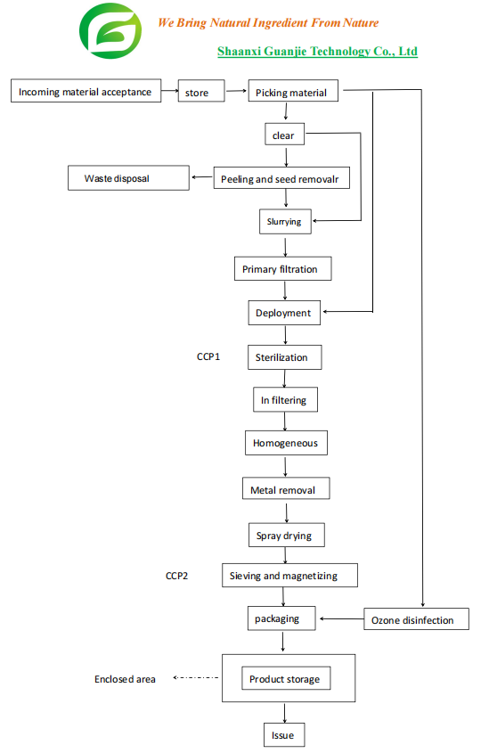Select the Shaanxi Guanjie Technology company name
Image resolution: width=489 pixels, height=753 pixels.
[317, 52]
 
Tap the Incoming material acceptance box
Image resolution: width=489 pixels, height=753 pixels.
[86, 92]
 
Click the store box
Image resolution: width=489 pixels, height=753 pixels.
[201, 93]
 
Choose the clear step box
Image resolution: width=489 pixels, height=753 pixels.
[284, 136]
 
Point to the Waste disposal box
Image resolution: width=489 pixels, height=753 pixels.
[129, 178]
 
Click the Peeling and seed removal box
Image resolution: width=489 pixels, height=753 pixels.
[281, 179]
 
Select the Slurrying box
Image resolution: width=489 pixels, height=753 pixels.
[284, 222]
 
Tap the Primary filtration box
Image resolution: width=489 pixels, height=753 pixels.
[280, 269]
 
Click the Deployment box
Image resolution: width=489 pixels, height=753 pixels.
[283, 313]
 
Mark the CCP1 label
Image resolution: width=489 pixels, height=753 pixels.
[208, 357]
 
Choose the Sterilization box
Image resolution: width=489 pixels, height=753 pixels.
[283, 357]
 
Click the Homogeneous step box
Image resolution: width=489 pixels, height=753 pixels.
[285, 443]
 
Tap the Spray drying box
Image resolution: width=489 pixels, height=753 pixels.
[285, 536]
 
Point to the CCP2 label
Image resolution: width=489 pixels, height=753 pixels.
[177, 577]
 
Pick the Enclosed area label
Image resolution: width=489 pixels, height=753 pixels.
[125, 679]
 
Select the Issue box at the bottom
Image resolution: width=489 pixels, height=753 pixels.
[283, 735]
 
